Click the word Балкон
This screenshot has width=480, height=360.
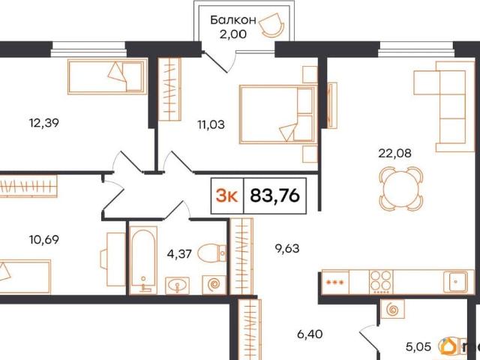coord(233,20)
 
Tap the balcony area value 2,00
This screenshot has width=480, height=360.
coord(232,34)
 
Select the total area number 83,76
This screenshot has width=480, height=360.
coord(274,195)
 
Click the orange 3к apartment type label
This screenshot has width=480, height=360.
coord(226,196)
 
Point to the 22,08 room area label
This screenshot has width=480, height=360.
coord(395,153)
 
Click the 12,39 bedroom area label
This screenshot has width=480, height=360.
coord(43,123)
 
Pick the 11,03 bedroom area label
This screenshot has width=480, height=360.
coord(211,124)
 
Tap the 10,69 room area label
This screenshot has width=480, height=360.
coord(44,240)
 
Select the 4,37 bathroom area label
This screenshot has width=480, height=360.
coord(179,253)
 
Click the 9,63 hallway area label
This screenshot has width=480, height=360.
coord(287,248)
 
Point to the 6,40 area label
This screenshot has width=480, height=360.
coord(310,334)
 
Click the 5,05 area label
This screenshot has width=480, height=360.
coord(418,346)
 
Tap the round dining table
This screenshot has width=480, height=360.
coord(400,189)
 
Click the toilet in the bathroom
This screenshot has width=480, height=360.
coord(211,253)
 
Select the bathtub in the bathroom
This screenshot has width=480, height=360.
coord(143,260)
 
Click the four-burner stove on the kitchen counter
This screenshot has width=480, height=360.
coord(381,280)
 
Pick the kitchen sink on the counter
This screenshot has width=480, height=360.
coord(456,280)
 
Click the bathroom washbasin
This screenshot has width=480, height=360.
coord(177,285)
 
